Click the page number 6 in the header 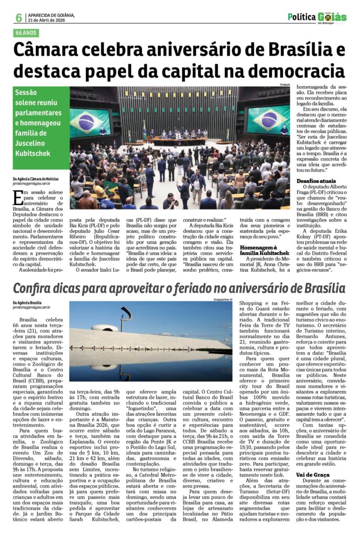pyautogui.click(x=18, y=17)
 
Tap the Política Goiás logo pyautogui.click(x=317, y=17)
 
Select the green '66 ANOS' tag pyautogui.click(x=28, y=33)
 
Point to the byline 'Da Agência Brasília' pyautogui.click(x=28, y=303)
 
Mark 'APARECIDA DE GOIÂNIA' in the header pyautogui.click(x=52, y=14)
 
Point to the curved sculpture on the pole pyautogui.click(x=126, y=314)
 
